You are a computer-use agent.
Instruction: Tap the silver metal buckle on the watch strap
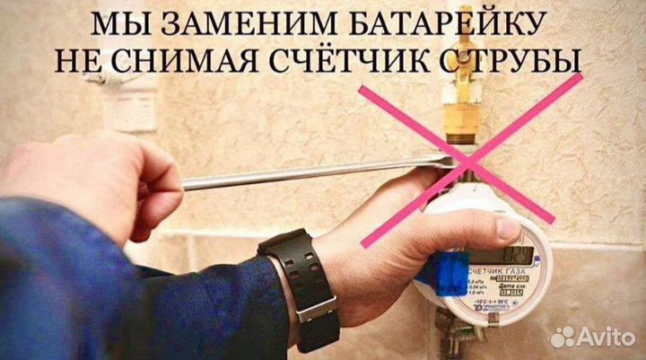click(x=316, y=307)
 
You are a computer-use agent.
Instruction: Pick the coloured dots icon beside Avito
click(x=563, y=337)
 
